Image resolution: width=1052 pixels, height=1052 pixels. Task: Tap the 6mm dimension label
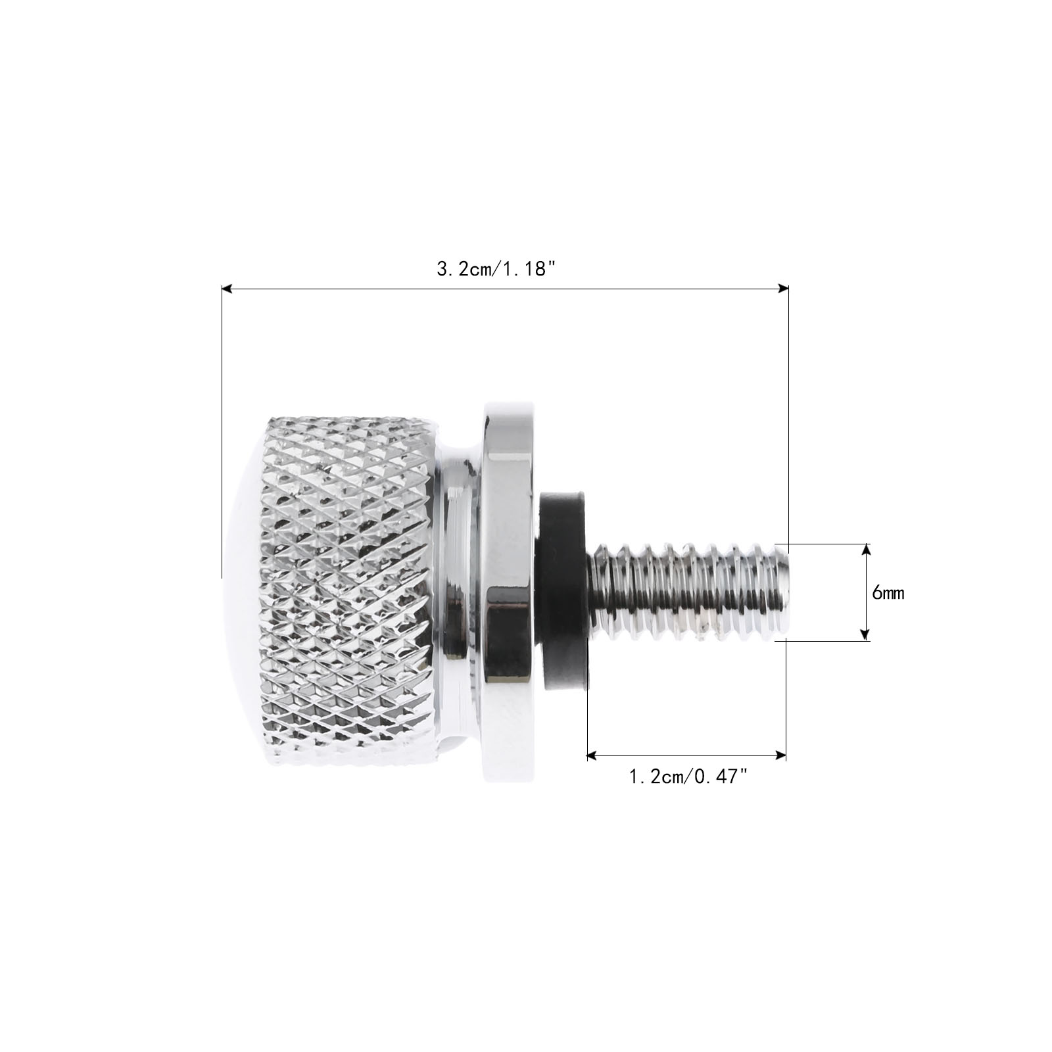(888, 592)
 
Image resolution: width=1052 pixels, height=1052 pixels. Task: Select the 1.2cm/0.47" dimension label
(688, 777)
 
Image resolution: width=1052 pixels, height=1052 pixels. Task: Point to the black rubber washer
(563, 591)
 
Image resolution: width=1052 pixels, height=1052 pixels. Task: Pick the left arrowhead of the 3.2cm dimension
(227, 288)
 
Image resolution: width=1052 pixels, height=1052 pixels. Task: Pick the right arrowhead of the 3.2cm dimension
(782, 288)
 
